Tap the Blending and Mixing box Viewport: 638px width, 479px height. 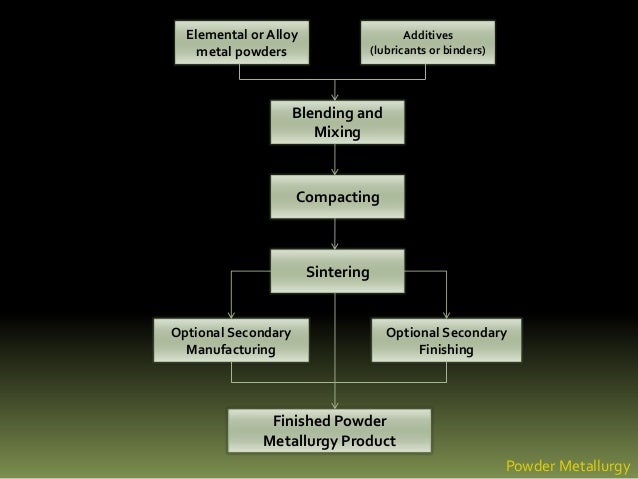(x=336, y=122)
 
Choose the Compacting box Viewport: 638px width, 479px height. (x=336, y=198)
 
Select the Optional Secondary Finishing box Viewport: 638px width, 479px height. (x=446, y=341)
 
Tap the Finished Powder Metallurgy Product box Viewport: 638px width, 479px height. (x=329, y=431)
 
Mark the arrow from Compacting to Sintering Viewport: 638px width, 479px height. (x=335, y=234)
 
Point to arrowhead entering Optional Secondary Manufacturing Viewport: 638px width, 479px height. (x=231, y=314)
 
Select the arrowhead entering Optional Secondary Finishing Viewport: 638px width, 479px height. (x=446, y=314)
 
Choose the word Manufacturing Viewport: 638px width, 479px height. (x=231, y=350)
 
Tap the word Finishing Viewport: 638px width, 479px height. (x=446, y=350)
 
